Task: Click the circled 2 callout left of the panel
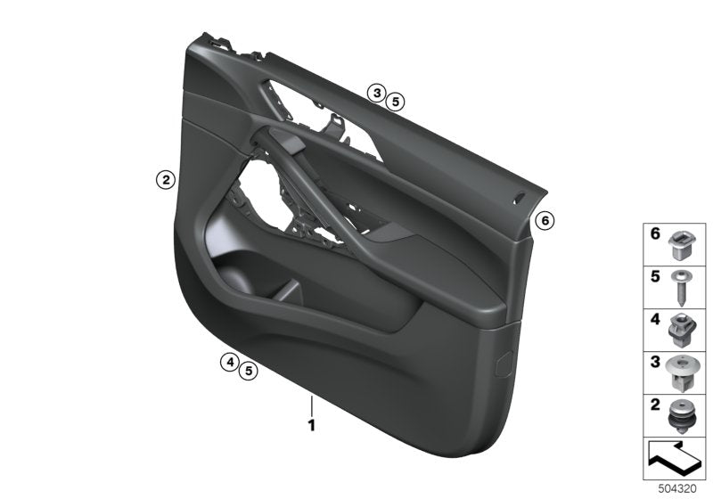tap(164, 180)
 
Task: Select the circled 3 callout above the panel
tap(377, 93)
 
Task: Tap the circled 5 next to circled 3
tap(396, 102)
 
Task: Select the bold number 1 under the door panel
tap(312, 426)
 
